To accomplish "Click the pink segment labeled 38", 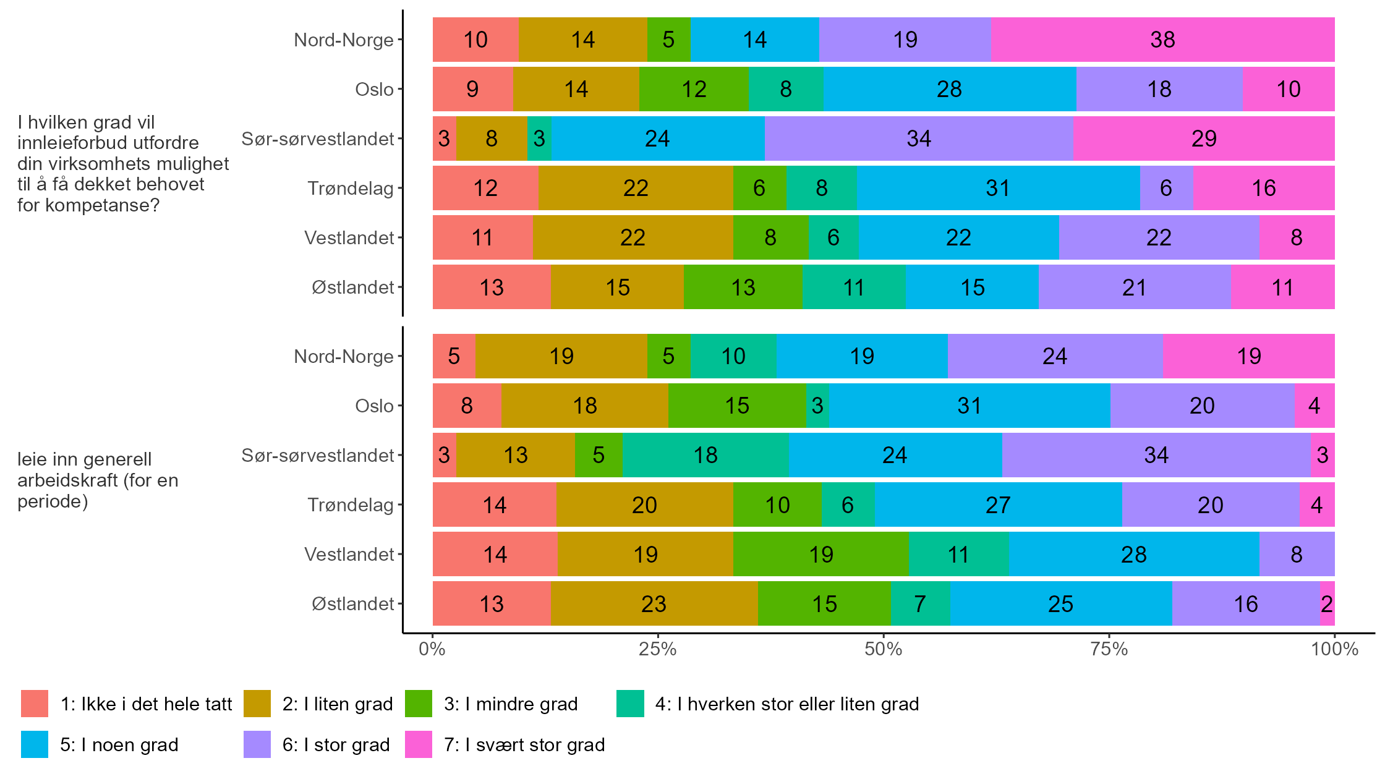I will (1162, 40).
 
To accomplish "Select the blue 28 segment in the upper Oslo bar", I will (949, 89).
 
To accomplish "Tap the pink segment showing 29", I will (1203, 138).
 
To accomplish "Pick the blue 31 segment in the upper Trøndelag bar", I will (998, 188).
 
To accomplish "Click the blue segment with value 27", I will (998, 504).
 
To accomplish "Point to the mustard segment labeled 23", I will (654, 603).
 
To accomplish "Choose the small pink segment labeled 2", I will (1327, 603).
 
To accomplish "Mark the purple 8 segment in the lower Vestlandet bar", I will (1297, 554).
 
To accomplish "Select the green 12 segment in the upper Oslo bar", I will (694, 89).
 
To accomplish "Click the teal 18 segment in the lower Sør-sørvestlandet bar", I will (705, 455).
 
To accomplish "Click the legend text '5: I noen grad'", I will (119, 744).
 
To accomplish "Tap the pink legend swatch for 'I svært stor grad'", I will (418, 744).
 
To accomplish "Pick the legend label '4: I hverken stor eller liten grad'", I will (786, 704).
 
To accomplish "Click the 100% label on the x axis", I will (1334, 649).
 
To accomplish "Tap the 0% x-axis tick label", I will (432, 649).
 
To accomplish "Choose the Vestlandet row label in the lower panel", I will (349, 554).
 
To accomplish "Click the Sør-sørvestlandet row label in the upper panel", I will (317, 138).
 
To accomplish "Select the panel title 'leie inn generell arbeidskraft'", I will (98, 480).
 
